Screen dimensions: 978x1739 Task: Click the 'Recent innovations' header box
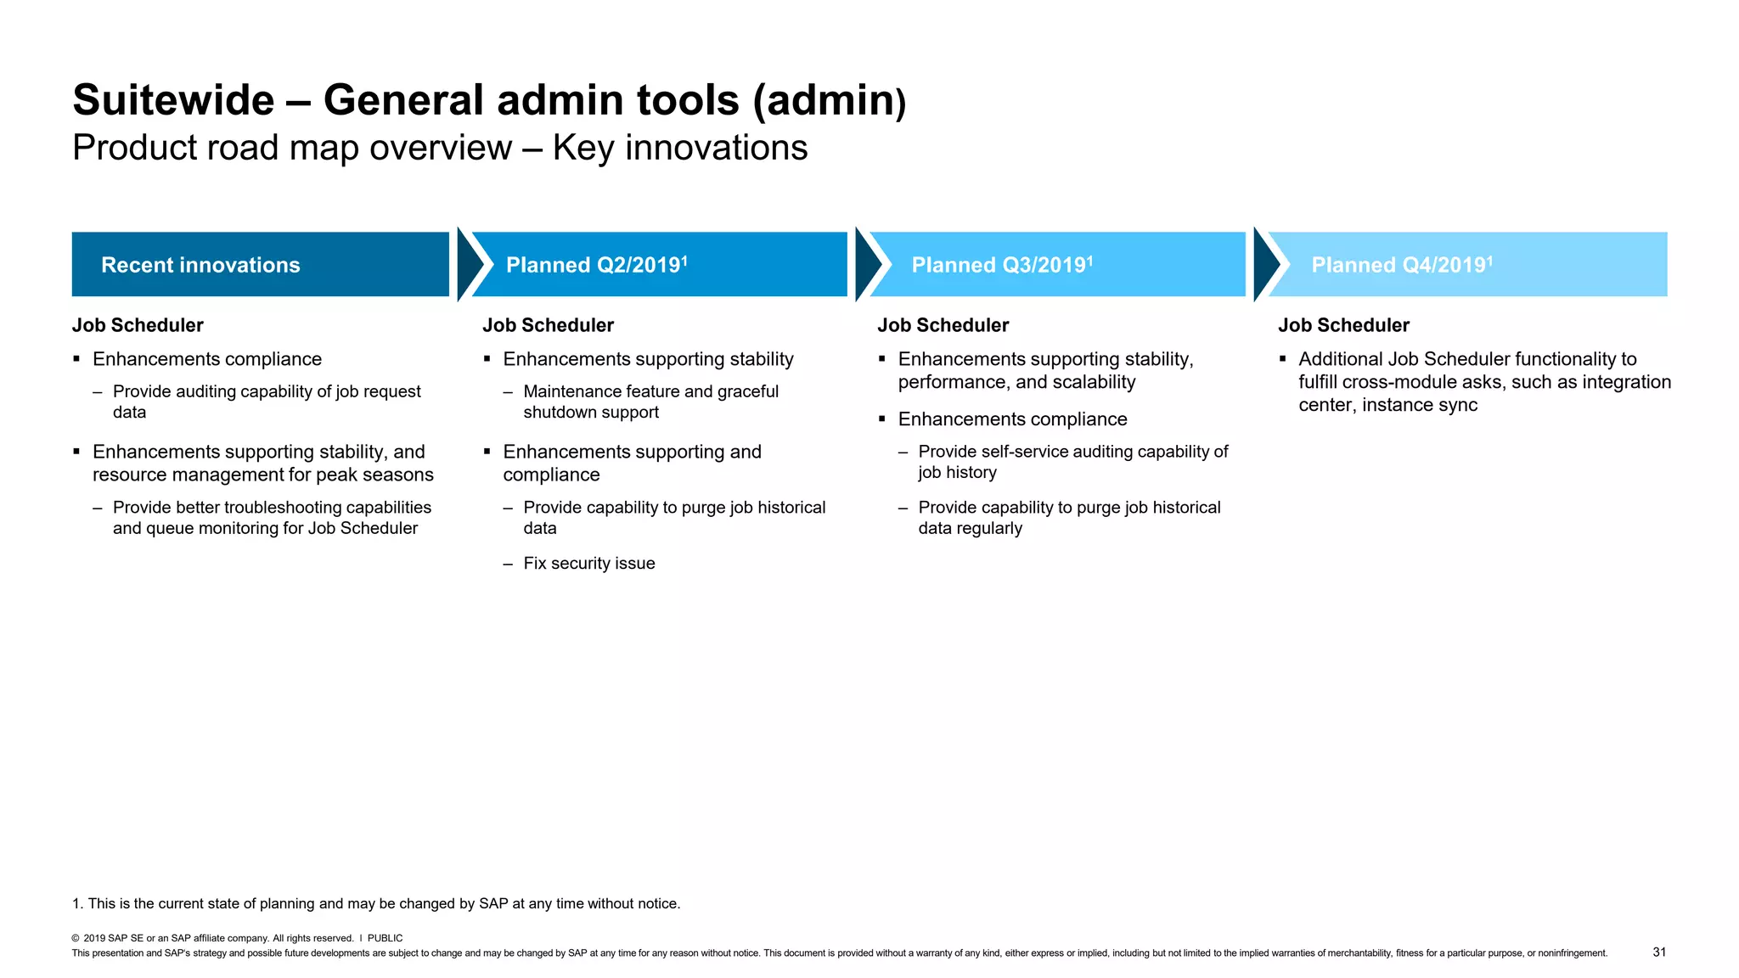(260, 265)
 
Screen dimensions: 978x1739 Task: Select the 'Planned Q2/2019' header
(659, 265)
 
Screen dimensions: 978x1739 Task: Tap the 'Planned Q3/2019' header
(1057, 265)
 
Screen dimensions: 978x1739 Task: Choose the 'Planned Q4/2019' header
(1467, 265)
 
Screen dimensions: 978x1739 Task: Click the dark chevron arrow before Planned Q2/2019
(469, 265)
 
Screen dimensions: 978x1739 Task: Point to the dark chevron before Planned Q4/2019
(1265, 265)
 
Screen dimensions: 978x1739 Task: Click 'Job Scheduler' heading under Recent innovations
(138, 325)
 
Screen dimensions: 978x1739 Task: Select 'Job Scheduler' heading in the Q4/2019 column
(1343, 325)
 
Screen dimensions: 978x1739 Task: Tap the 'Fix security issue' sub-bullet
(588, 564)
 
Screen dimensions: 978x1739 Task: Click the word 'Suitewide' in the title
(173, 100)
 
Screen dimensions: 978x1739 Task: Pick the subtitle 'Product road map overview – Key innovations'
(440, 148)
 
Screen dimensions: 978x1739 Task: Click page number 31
(1659, 953)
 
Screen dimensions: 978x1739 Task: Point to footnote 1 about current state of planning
(376, 903)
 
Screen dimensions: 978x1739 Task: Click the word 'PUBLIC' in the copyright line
(385, 938)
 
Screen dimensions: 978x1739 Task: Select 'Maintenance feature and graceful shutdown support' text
(650, 402)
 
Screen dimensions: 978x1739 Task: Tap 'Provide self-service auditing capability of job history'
(1072, 462)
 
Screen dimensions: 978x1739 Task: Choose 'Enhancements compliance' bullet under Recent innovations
(206, 359)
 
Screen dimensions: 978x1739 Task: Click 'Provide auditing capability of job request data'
(266, 402)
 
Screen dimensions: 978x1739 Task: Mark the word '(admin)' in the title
(830, 100)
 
